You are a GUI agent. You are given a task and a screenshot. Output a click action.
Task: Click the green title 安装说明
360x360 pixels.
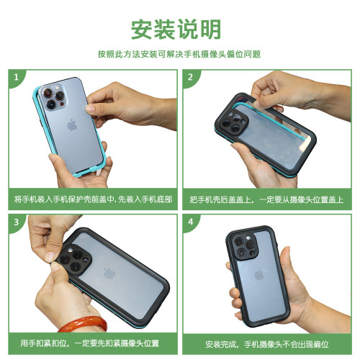point(176,30)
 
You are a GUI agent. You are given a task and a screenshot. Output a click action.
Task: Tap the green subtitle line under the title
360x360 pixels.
point(179,54)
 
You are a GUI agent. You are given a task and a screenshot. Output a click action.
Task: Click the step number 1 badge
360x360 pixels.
point(16,77)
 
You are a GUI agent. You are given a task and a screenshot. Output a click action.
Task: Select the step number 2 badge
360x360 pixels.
point(190,77)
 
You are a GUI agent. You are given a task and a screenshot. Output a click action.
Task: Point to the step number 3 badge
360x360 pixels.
point(16,222)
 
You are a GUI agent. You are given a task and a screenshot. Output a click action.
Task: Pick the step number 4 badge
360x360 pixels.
point(190,222)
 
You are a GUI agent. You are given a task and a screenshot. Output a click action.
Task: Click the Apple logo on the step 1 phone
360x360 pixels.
point(72,125)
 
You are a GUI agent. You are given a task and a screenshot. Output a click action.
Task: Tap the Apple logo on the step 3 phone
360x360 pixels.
point(109,274)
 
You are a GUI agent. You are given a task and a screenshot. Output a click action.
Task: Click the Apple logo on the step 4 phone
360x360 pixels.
point(259,274)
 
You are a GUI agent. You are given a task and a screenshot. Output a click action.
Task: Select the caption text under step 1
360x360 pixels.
point(93,199)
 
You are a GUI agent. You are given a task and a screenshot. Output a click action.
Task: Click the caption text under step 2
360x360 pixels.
point(266,199)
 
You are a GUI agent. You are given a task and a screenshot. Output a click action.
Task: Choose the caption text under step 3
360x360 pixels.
point(90,343)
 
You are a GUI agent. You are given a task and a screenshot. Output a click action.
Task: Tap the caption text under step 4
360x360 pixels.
point(267,344)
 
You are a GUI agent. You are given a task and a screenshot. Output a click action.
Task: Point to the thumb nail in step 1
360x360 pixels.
point(91,108)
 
